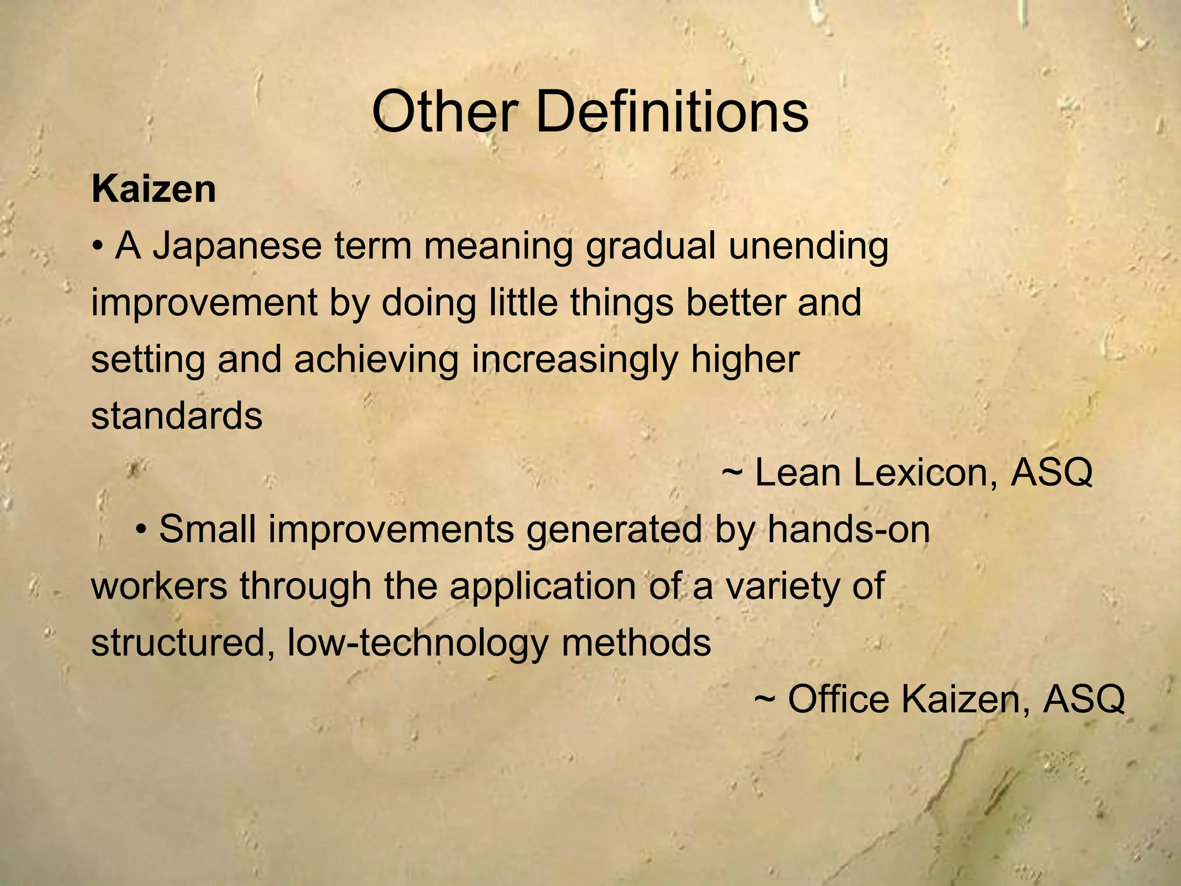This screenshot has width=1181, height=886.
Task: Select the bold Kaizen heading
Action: tap(153, 189)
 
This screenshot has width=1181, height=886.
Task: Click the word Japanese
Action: tap(237, 246)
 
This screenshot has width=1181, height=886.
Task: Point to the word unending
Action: tap(808, 246)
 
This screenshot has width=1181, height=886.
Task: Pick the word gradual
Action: tap(650, 246)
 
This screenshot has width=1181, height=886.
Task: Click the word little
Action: tap(523, 303)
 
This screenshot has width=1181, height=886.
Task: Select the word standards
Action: tap(176, 416)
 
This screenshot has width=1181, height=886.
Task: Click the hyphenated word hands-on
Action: tap(848, 529)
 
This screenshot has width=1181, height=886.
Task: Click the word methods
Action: tap(636, 642)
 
